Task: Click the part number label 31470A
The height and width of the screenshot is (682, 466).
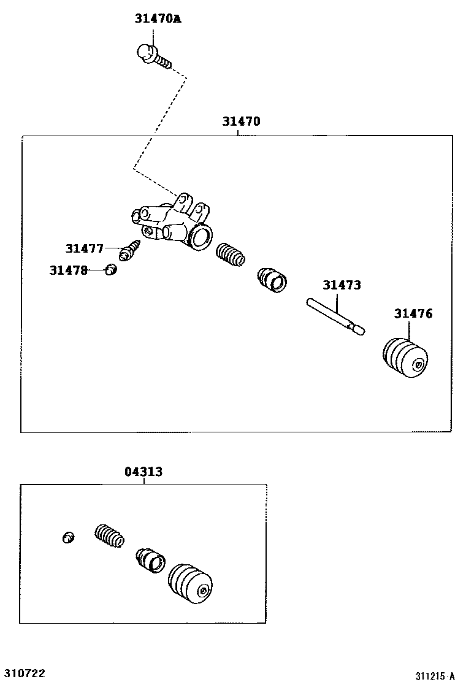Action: tap(158, 19)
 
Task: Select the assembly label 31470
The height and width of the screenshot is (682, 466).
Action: tap(241, 121)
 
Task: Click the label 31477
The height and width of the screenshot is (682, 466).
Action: tap(85, 248)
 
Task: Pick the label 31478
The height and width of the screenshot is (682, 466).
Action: tap(69, 270)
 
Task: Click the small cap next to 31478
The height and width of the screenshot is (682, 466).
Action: tap(110, 269)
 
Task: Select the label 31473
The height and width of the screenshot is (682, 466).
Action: tap(342, 285)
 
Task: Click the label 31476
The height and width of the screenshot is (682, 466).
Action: tap(413, 313)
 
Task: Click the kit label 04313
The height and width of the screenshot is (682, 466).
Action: tap(143, 472)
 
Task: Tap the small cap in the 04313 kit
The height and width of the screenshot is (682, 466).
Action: tap(68, 538)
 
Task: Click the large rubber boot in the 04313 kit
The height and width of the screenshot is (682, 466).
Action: tap(191, 584)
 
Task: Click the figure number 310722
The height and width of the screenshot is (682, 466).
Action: tap(25, 673)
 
